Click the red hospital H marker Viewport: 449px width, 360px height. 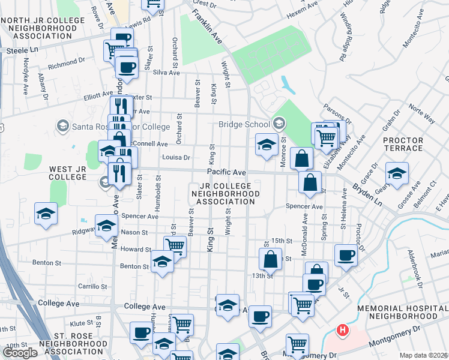tap(342, 330)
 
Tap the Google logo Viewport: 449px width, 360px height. tap(20, 353)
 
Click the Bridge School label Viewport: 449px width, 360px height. tap(243, 124)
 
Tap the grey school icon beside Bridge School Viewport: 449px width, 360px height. tap(277, 124)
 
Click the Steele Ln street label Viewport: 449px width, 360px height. tap(22, 51)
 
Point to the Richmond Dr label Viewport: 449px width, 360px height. tap(67, 62)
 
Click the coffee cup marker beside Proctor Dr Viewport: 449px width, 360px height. tap(346, 254)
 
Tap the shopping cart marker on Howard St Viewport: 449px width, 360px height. tap(175, 245)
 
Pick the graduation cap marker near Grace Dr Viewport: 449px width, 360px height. tap(397, 173)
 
